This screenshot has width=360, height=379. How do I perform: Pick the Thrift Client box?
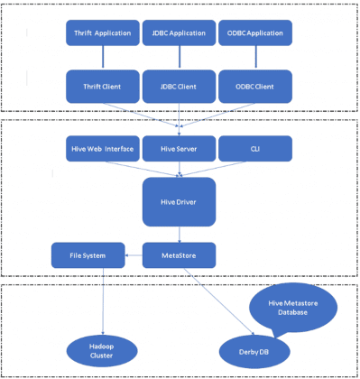[x=103, y=86]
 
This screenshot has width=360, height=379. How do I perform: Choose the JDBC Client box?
[x=179, y=86]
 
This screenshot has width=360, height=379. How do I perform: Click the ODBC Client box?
[x=255, y=86]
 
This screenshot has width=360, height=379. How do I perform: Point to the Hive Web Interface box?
[x=103, y=148]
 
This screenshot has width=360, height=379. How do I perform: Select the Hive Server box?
[x=179, y=148]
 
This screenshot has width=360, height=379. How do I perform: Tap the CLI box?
[x=255, y=148]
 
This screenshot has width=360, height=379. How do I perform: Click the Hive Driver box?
[x=179, y=200]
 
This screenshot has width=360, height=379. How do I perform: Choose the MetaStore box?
[x=179, y=255]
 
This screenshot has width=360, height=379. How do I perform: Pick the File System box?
[x=88, y=255]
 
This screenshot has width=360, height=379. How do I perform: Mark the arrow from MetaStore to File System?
[x=134, y=255]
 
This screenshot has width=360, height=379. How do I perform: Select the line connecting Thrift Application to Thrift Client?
[x=103, y=58]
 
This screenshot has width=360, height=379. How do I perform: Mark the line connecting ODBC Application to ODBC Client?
[x=255, y=58]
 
